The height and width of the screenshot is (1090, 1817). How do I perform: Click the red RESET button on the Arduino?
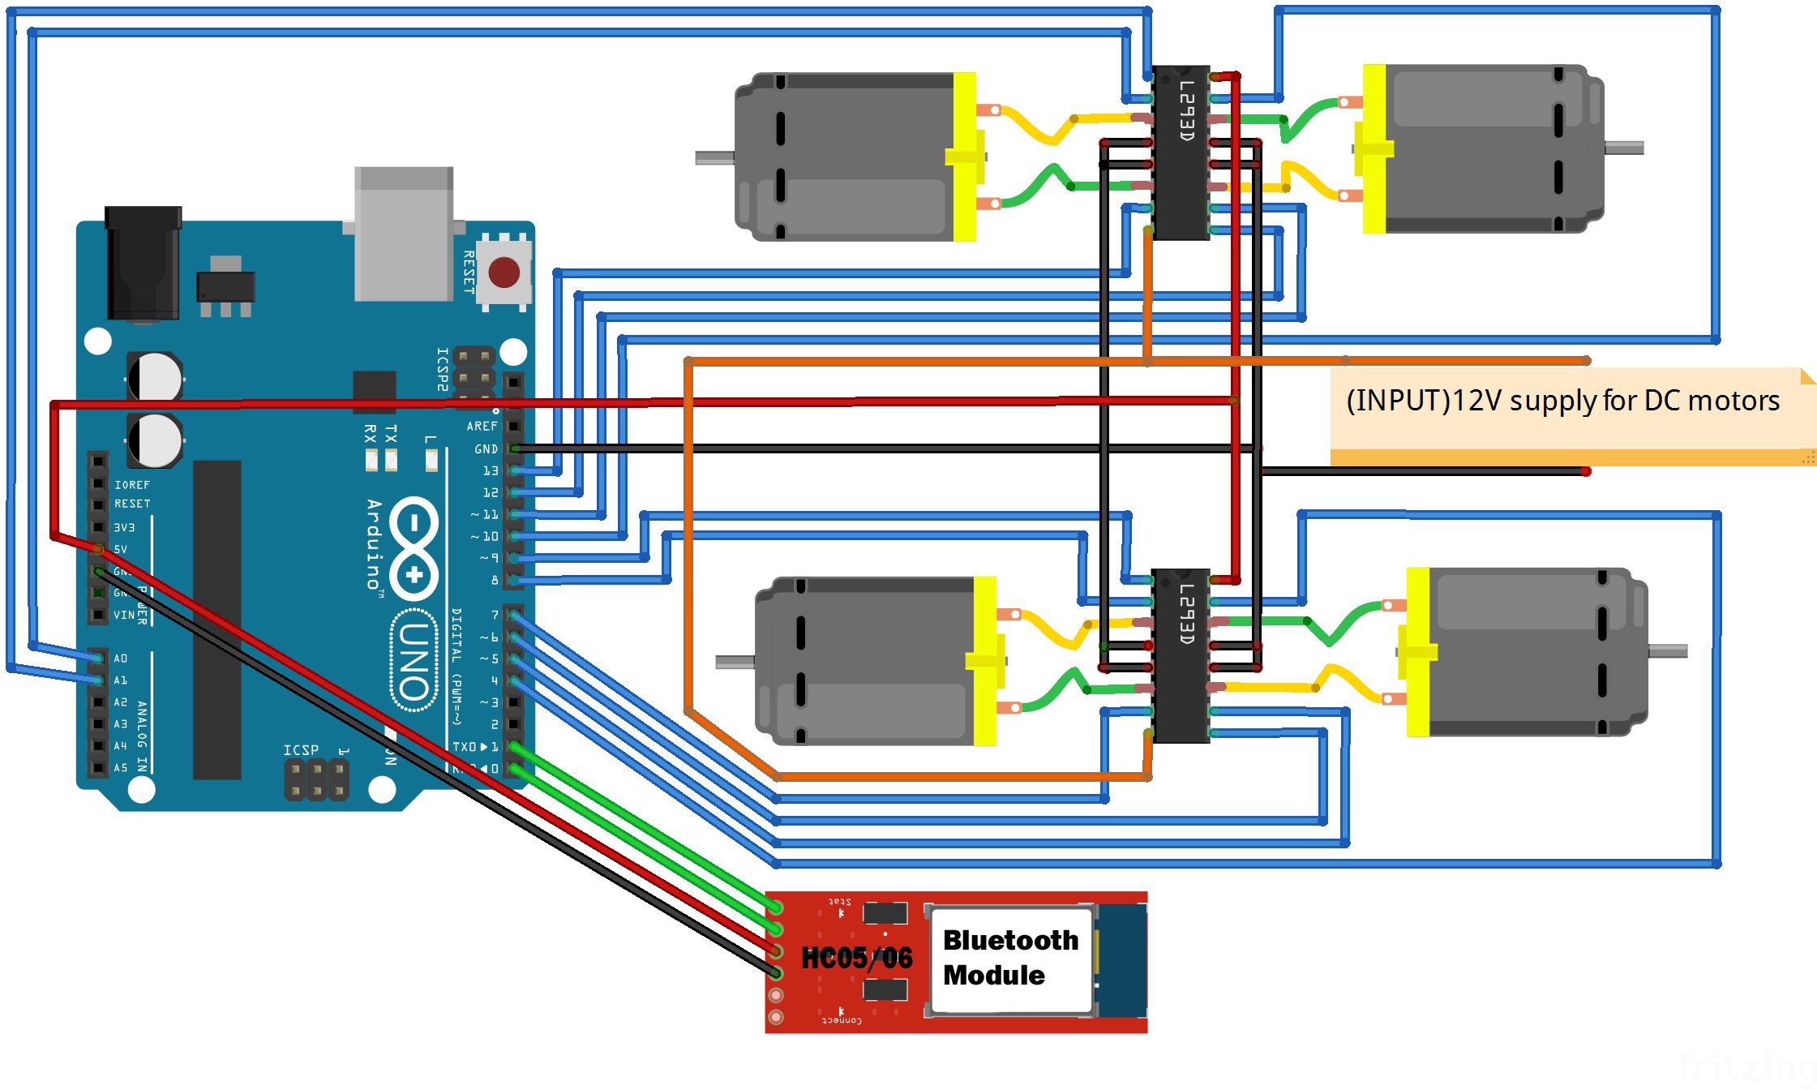(504, 272)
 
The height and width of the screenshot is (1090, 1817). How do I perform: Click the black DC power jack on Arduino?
(144, 264)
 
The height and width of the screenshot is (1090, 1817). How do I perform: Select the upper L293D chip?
(1181, 152)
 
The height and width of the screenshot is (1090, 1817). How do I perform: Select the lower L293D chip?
(1181, 655)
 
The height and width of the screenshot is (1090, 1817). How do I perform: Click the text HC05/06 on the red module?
(857, 958)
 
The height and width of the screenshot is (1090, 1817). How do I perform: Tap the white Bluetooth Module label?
(1010, 958)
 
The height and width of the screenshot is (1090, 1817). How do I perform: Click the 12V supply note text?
(1562, 401)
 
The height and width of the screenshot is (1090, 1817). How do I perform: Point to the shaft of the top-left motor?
(714, 157)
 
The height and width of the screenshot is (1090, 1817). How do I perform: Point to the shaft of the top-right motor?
(1624, 148)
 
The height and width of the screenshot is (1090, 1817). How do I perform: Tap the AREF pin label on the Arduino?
(482, 426)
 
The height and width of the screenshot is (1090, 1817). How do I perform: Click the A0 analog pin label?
(120, 659)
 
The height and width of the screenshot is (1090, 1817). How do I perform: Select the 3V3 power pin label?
(124, 527)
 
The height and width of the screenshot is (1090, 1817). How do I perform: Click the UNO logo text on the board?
(414, 661)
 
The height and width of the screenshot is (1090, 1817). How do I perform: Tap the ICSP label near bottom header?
(301, 750)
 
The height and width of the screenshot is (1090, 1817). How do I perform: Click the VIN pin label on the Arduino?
(124, 615)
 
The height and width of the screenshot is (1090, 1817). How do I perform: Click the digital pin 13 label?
(491, 470)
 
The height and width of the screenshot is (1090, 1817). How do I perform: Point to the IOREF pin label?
(131, 485)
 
